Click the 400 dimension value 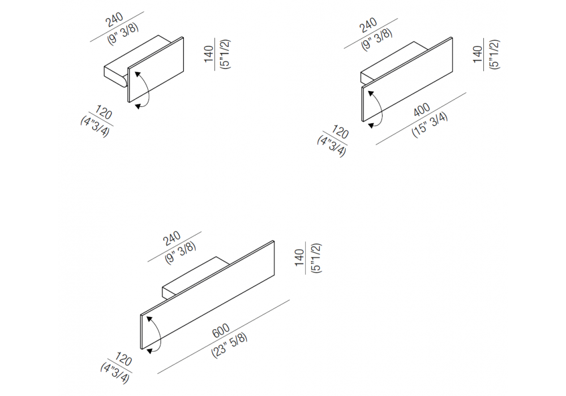pyautogui.click(x=422, y=110)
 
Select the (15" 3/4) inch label pyautogui.click(x=430, y=124)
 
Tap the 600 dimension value pyautogui.click(x=221, y=330)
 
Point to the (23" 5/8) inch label pyautogui.click(x=229, y=345)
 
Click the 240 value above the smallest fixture pyautogui.click(x=114, y=20)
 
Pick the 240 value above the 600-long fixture pyautogui.click(x=172, y=238)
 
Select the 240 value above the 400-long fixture pyautogui.click(x=368, y=25)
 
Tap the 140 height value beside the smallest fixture pyautogui.click(x=209, y=54)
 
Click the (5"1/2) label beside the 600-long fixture pyautogui.click(x=316, y=258)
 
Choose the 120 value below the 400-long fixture pyautogui.click(x=340, y=132)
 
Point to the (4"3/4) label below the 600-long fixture pyautogui.click(x=114, y=373)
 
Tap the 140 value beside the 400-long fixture pyautogui.click(x=477, y=54)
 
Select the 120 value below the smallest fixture pyautogui.click(x=104, y=112)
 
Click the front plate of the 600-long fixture pyautogui.click(x=208, y=295)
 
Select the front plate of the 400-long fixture pyautogui.click(x=407, y=79)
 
